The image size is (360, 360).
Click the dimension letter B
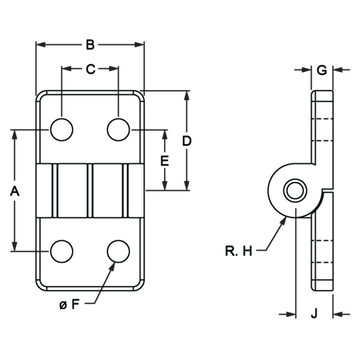coord(90,45)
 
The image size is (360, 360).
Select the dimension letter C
coord(90,69)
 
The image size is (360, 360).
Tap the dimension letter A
coord(15,192)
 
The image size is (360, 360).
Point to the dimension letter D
coord(187,141)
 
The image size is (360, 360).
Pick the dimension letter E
coord(165,161)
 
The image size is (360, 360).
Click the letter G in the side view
coord(322,70)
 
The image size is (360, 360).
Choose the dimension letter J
coord(314,313)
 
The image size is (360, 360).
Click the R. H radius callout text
coord(239,251)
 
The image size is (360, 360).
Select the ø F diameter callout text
coord(70,304)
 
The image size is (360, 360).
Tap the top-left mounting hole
coord(62,129)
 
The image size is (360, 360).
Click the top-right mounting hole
coord(118,129)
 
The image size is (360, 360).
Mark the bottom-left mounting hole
coord(62,251)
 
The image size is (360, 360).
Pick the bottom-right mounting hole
coord(118,251)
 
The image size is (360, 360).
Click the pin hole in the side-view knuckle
coord(295,191)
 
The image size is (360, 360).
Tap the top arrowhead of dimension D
coord(187,95)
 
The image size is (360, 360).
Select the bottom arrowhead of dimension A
coord(14,246)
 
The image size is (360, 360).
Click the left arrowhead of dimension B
coord(41,44)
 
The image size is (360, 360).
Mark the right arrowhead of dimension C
coord(114,69)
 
